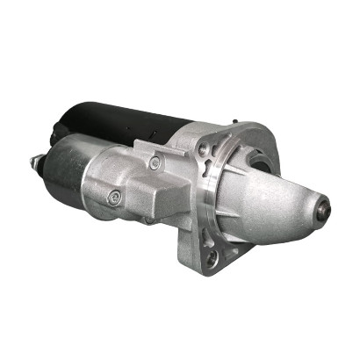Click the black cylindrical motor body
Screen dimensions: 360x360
tap(132, 123)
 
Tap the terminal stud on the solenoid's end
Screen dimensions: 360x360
tap(37, 163)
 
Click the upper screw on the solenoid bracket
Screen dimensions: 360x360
tap(155, 162)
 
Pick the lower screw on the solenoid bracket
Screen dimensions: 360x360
tap(113, 198)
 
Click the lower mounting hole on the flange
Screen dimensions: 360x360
tap(212, 257)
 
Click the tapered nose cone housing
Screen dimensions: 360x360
tap(281, 198)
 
